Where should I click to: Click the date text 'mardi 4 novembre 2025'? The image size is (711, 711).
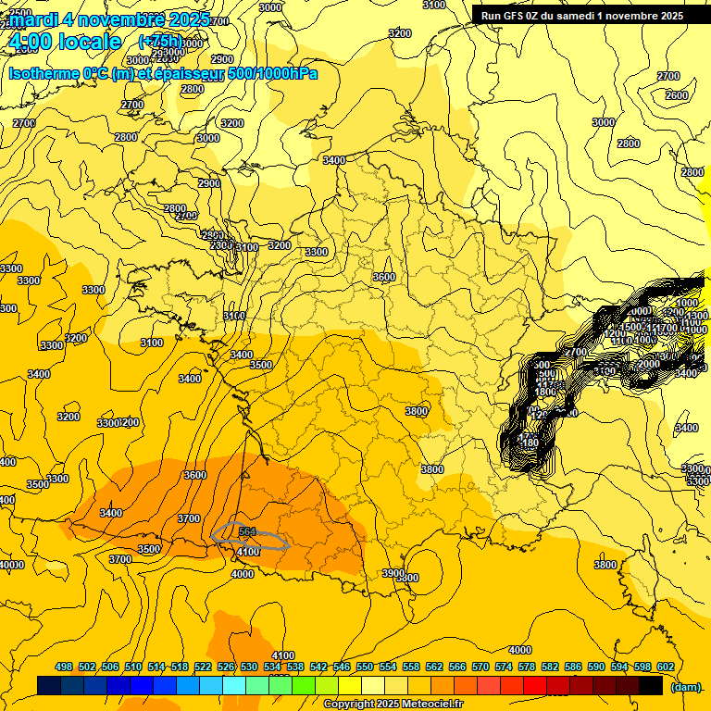coord(109,19)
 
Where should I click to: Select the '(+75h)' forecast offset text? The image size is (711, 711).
coord(160,42)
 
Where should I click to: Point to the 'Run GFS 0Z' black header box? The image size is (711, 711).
coord(580,15)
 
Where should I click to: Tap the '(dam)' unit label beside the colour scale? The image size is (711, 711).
coord(685,686)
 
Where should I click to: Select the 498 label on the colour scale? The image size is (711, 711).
coord(64,667)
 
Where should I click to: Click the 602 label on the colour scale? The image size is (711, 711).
coord(665,667)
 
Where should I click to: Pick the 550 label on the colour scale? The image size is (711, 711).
coord(365,667)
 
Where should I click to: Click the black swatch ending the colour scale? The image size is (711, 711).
coord(651,686)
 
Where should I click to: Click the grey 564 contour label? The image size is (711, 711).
coord(247,531)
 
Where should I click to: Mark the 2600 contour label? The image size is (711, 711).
coord(677,95)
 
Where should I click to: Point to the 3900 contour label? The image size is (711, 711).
coord(393,573)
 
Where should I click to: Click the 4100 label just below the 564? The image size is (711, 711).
coord(248,552)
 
